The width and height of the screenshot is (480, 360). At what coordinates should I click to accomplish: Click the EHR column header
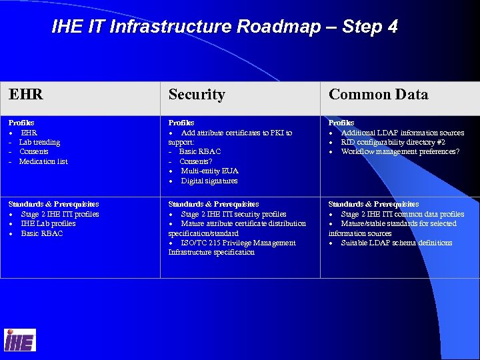click(x=26, y=95)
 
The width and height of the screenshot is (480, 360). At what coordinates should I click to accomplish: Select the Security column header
click(x=197, y=95)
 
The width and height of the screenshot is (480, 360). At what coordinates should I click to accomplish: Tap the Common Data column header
click(x=378, y=95)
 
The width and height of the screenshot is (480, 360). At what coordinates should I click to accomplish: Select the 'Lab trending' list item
click(x=39, y=142)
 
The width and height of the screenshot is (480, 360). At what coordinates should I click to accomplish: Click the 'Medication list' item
click(x=43, y=161)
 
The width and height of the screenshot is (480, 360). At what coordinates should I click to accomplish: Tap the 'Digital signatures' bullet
click(x=209, y=181)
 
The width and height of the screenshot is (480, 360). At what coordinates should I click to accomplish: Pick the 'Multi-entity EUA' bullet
click(x=209, y=171)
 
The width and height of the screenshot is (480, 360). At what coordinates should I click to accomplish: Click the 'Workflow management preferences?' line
click(x=400, y=151)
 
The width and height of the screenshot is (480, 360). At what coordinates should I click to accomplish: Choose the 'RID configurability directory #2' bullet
click(x=393, y=142)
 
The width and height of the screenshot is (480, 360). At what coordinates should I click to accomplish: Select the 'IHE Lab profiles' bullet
click(x=49, y=223)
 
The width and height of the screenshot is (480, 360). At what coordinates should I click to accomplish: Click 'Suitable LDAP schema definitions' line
click(x=396, y=243)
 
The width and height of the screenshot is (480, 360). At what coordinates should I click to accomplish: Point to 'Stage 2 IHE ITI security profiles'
click(x=233, y=214)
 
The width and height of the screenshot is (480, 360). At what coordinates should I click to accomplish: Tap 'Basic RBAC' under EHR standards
click(x=42, y=233)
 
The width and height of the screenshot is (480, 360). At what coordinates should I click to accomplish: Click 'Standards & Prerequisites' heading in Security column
click(x=213, y=204)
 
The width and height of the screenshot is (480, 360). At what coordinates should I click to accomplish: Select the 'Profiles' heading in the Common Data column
click(x=341, y=123)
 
